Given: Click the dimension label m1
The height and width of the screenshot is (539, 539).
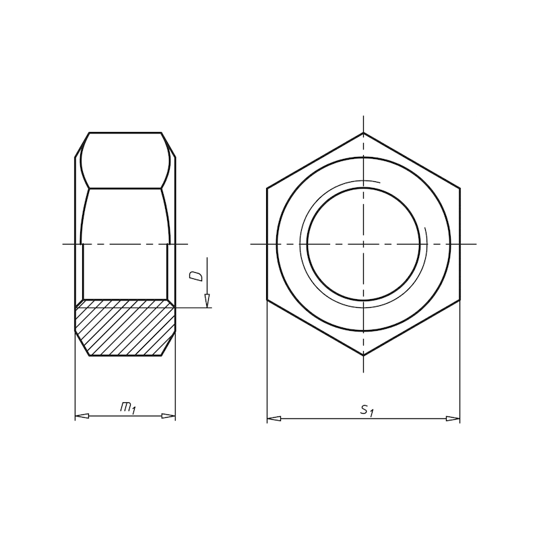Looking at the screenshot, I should click(127, 407).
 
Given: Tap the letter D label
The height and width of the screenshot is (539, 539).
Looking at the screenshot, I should click(196, 276).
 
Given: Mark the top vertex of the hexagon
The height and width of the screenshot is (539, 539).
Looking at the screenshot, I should click(364, 133).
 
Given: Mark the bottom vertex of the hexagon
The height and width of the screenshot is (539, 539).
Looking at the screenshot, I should click(364, 354).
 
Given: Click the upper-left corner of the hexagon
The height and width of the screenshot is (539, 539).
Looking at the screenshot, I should click(267, 188).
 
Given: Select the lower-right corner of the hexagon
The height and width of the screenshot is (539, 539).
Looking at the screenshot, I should click(460, 299).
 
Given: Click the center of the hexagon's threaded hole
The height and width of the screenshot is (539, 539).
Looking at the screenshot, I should click(364, 243).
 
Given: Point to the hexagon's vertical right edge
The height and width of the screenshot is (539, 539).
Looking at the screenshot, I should click(460, 243).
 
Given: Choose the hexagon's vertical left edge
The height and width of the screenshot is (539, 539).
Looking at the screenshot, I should click(267, 243).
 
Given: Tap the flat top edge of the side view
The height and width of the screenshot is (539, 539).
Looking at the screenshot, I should click(125, 133).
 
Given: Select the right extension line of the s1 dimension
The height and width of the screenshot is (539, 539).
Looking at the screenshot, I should click(460, 364).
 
